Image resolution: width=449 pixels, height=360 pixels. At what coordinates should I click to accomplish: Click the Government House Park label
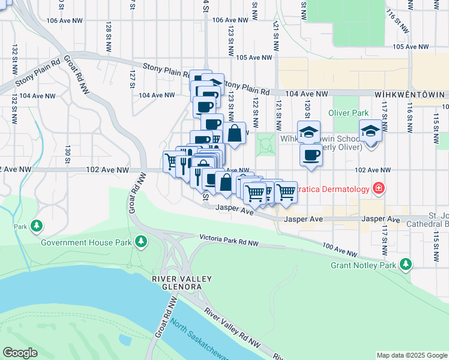[86, 243]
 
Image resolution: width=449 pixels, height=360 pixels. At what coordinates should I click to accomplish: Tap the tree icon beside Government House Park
[141, 241]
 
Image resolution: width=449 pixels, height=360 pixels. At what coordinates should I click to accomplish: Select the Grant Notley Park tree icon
[406, 264]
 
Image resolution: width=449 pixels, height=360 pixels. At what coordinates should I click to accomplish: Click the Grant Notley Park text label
[364, 265]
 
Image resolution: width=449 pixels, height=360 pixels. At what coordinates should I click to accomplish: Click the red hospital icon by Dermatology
[378, 188]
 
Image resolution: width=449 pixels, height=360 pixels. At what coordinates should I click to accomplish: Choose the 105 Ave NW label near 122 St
[255, 58]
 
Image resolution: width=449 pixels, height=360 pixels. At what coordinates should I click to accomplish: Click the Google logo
[20, 353]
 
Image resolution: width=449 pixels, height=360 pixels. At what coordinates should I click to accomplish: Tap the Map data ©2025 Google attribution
[411, 355]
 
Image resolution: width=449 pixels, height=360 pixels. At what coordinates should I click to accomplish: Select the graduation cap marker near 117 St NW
[370, 132]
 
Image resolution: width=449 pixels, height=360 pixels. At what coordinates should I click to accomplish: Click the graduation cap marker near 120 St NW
[309, 132]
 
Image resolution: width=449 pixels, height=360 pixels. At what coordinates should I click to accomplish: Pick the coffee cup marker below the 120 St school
[310, 155]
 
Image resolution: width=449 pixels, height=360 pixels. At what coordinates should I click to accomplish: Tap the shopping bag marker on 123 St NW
[235, 134]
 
